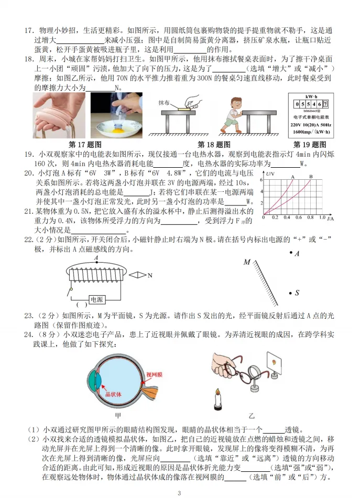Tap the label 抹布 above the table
(166, 104)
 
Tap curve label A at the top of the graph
(292, 177)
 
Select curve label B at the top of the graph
(310, 177)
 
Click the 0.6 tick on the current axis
(299, 216)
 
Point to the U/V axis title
(269, 173)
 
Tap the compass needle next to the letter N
(137, 274)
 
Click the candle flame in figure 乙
(216, 393)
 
